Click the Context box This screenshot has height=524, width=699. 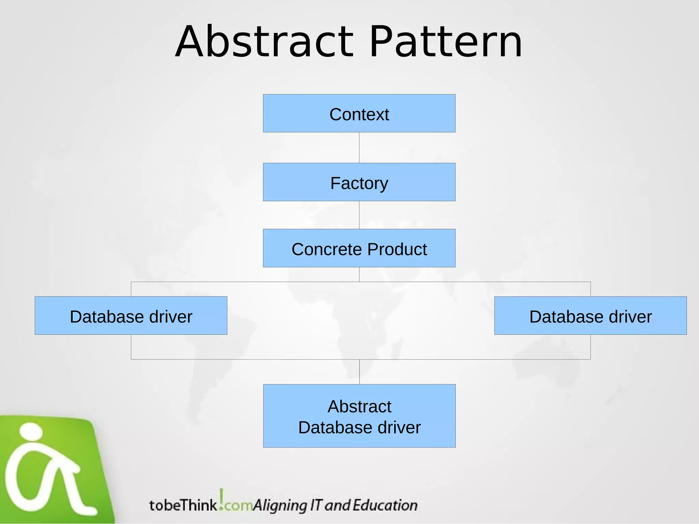(x=359, y=114)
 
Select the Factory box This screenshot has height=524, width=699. (x=359, y=182)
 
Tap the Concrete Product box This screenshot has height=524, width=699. (x=359, y=248)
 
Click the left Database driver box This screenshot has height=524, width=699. (x=131, y=316)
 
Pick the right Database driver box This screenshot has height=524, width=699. (x=590, y=316)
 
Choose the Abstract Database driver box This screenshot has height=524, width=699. (x=359, y=416)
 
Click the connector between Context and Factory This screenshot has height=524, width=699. (x=359, y=147)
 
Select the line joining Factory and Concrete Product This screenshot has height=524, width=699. (x=359, y=215)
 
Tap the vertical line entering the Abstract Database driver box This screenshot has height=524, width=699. (x=359, y=372)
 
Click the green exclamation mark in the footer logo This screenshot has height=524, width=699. (x=222, y=498)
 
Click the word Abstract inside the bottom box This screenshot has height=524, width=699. (x=359, y=407)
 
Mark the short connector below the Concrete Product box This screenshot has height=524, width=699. (x=359, y=274)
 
